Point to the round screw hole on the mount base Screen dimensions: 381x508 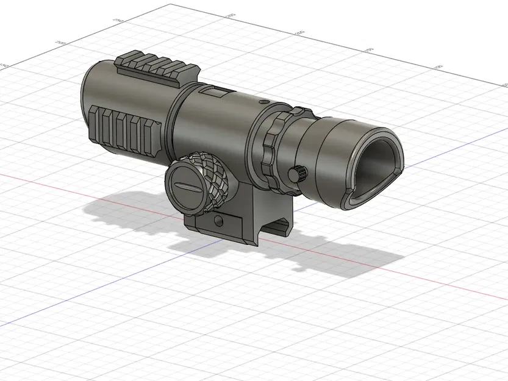[x=219, y=219]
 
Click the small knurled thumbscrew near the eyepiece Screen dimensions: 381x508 [x=299, y=174]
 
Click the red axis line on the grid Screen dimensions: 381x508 [x=61, y=182]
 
